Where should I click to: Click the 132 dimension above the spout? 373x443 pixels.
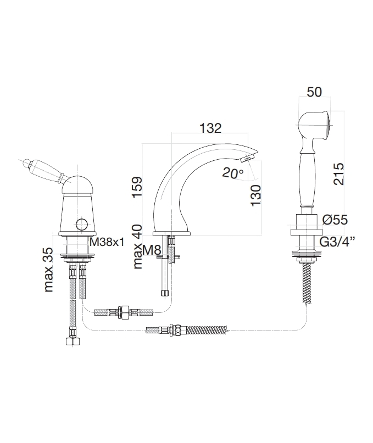click(x=210, y=128)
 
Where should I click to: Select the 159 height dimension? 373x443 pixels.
click(x=137, y=188)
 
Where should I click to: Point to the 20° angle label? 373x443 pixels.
click(x=233, y=173)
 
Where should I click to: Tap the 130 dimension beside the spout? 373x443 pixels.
click(x=255, y=195)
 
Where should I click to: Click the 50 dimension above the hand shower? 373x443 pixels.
click(x=314, y=92)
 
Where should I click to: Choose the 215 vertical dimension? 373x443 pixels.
click(x=339, y=174)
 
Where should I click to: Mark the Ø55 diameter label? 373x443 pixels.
click(x=335, y=220)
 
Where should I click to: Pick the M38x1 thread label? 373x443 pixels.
click(x=107, y=242)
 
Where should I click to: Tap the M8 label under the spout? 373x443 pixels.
click(x=152, y=250)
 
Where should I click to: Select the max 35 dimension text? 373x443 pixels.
click(x=49, y=270)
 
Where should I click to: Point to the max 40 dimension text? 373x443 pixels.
click(x=137, y=246)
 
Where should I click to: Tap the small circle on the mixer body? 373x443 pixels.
click(x=81, y=225)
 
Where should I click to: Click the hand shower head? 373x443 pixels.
click(x=314, y=125)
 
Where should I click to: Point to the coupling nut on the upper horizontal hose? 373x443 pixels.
click(x=124, y=312)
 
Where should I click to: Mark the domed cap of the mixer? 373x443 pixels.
click(x=77, y=185)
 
